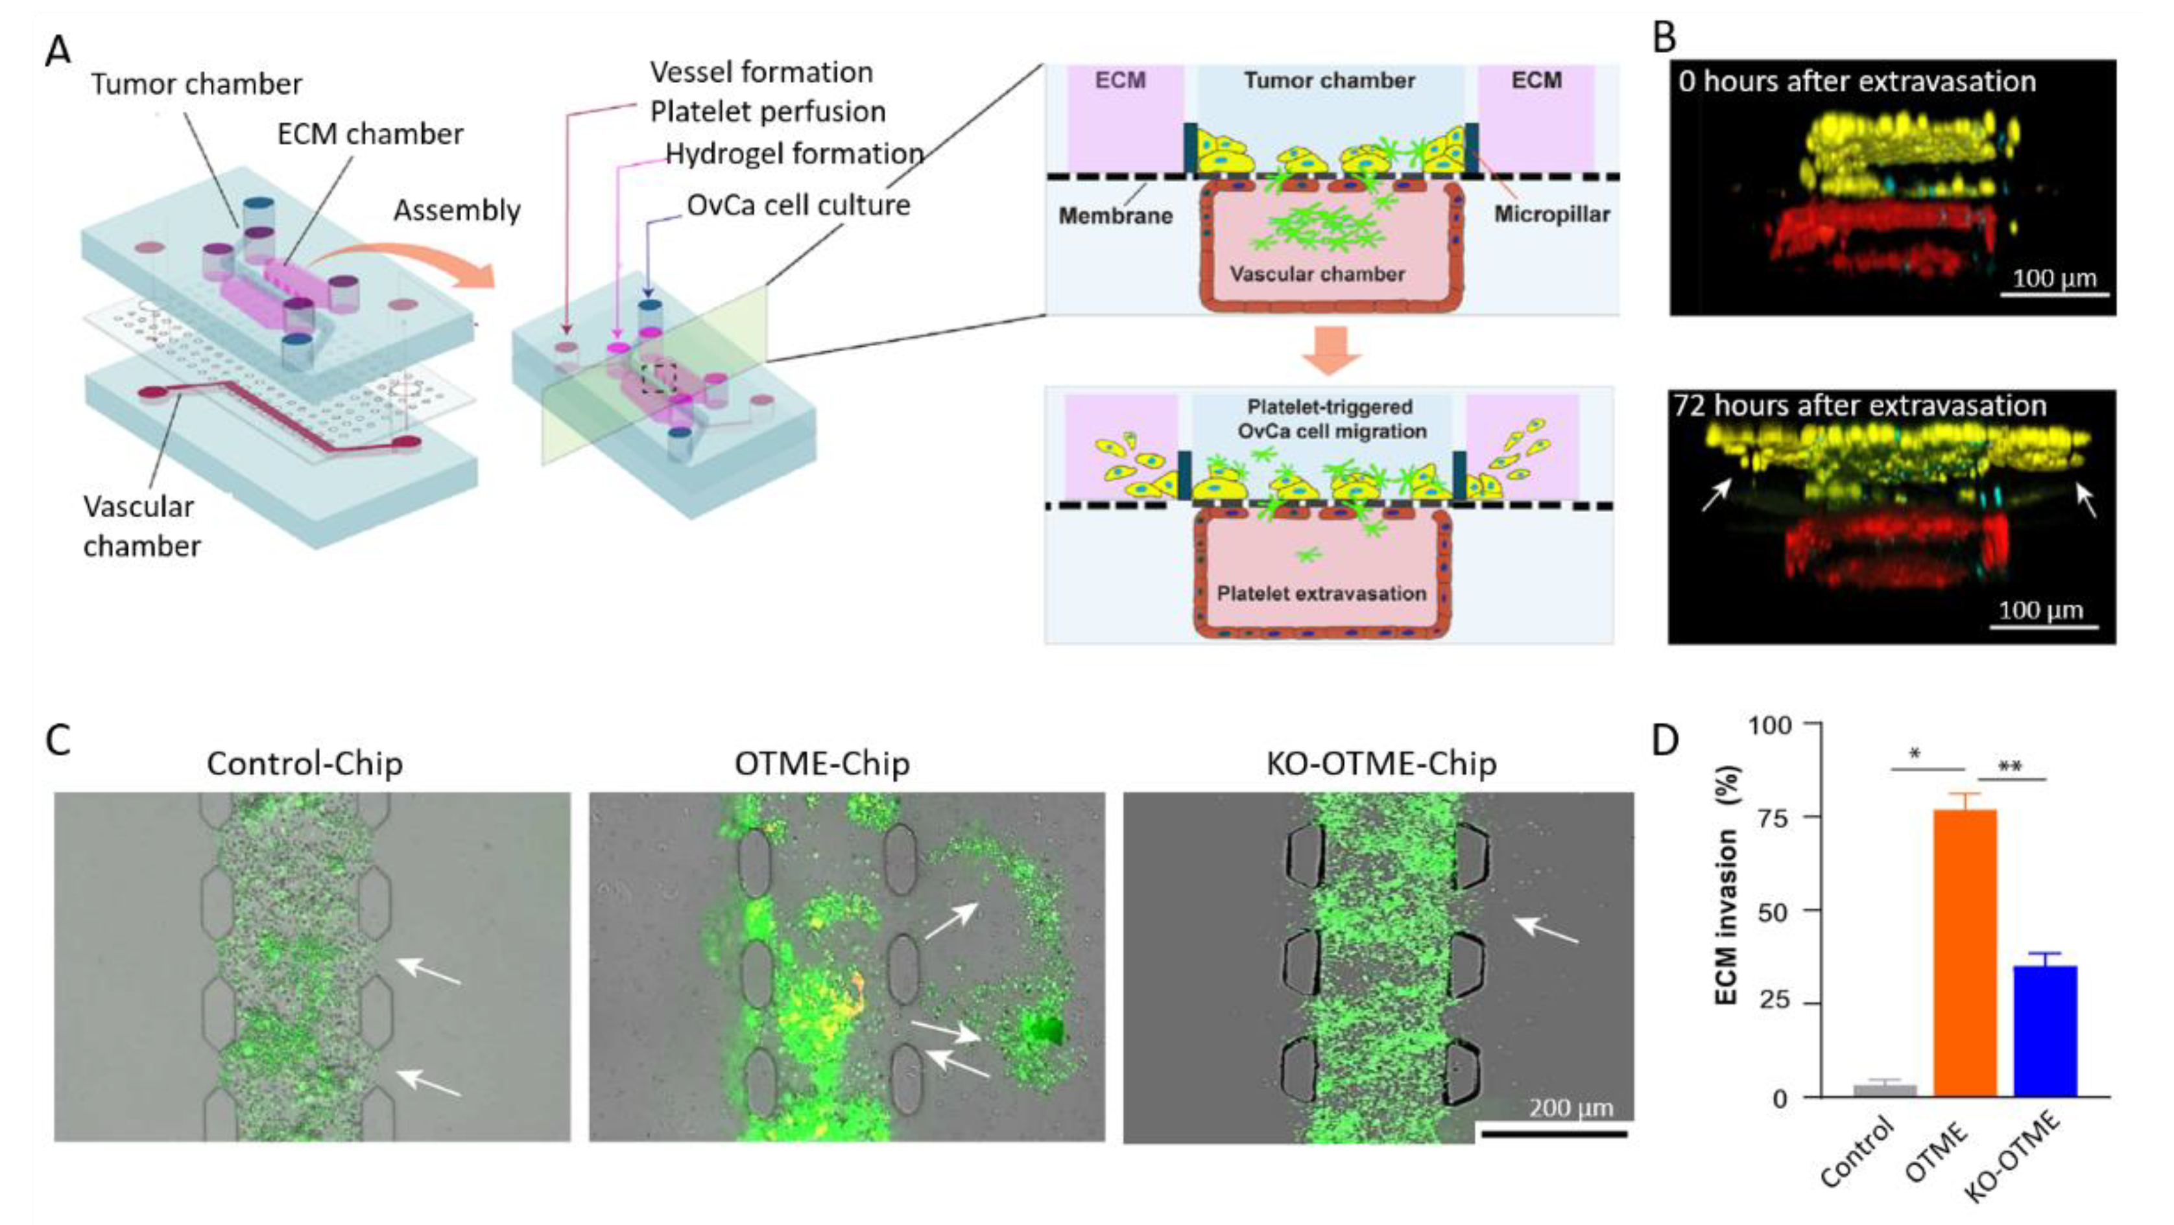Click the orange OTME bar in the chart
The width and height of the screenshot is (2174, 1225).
[1965, 953]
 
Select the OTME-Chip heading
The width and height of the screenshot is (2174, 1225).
[821, 764]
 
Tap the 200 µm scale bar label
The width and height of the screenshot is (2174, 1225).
[1571, 1108]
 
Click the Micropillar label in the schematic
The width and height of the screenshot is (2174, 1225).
[1551, 215]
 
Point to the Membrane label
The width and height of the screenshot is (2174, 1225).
[1115, 216]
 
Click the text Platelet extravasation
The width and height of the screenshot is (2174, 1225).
[1320, 593]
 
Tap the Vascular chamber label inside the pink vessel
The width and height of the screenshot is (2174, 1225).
[1317, 274]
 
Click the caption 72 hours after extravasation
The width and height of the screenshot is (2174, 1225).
[1860, 406]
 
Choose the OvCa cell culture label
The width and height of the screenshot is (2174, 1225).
[798, 205]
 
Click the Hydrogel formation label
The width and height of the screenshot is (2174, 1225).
[793, 154]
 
